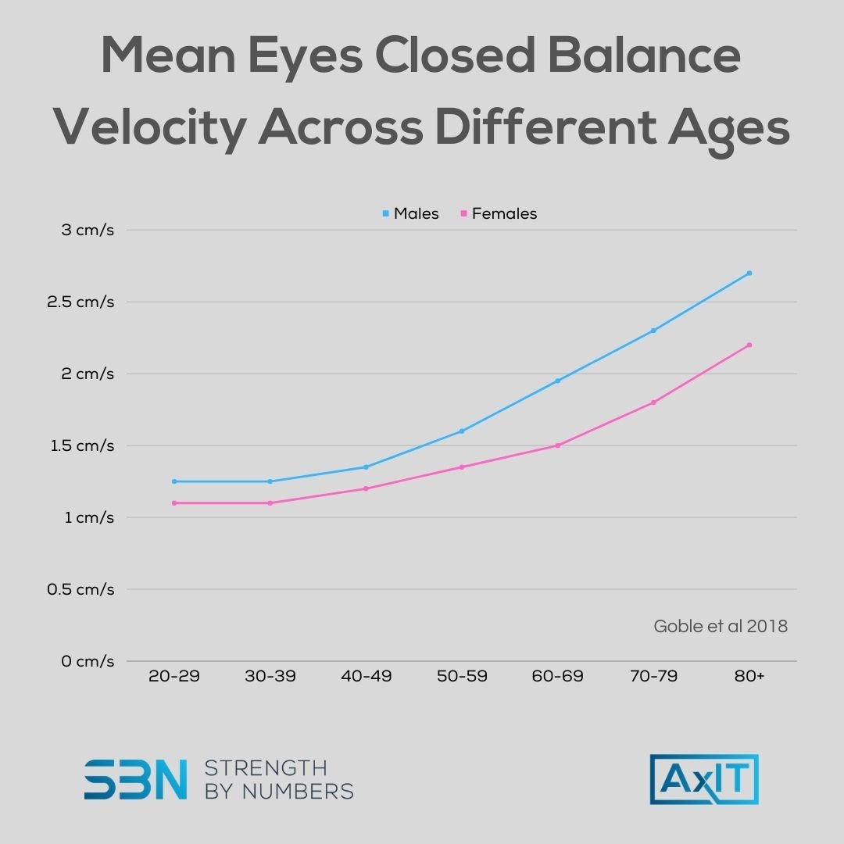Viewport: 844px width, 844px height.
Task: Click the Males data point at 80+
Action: coord(749,273)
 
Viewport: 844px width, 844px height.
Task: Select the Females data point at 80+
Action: coord(749,345)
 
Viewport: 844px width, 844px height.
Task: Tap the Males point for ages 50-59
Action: coord(462,431)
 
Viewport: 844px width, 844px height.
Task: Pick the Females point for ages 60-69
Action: coord(558,445)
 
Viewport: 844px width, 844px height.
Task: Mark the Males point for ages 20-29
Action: coord(174,481)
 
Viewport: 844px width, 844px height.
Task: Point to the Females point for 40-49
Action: coord(366,488)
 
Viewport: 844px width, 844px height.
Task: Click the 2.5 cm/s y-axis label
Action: coord(80,302)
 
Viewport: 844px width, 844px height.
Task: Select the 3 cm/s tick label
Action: coord(87,230)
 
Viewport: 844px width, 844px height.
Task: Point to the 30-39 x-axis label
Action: coord(270,676)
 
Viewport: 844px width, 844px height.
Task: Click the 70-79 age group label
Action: coord(653,676)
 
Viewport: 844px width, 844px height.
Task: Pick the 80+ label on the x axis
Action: coord(749,676)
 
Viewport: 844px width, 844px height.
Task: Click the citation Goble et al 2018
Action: coord(720,626)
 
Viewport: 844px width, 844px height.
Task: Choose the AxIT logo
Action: coord(703,779)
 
